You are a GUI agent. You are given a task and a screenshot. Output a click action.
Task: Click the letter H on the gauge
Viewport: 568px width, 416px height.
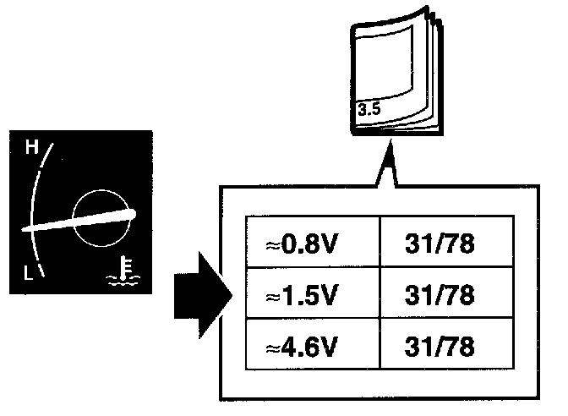[x=33, y=149]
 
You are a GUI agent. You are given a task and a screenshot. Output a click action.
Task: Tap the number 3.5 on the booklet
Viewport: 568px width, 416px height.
[x=369, y=110]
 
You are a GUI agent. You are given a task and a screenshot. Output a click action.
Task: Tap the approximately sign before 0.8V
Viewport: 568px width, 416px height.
[x=272, y=245]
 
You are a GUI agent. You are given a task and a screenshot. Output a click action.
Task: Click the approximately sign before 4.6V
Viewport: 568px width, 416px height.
[x=272, y=347]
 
